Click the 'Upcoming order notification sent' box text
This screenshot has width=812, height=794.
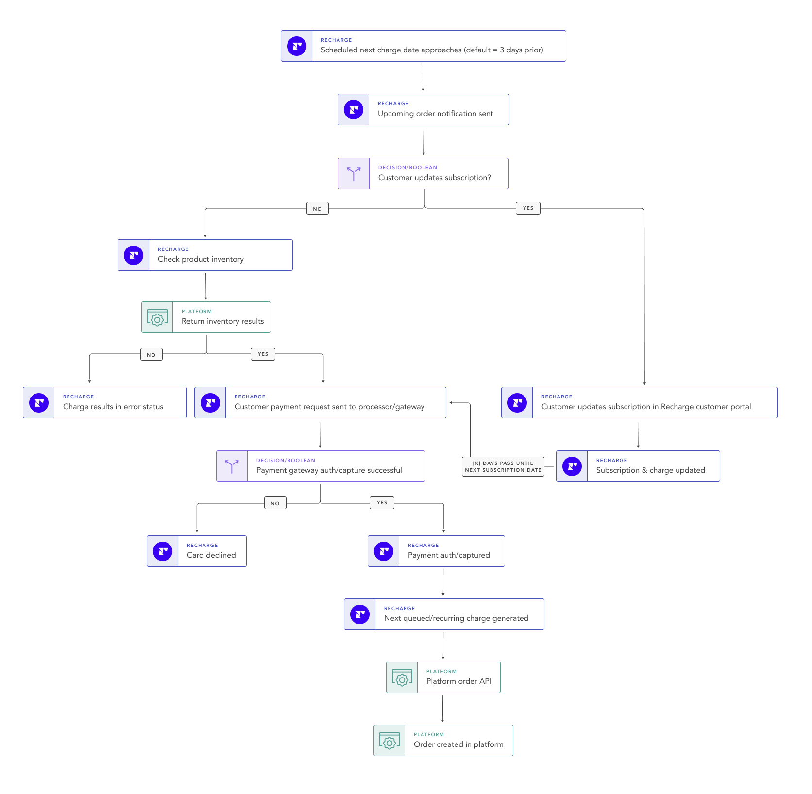tap(435, 114)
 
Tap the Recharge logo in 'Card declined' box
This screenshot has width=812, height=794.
tap(163, 551)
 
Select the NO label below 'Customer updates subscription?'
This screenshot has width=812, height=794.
tap(318, 209)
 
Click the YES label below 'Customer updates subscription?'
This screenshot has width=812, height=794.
tap(528, 208)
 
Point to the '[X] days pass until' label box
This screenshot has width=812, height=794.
tap(503, 466)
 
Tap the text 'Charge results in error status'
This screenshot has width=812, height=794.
tap(113, 407)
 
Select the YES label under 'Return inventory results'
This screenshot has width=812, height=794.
tap(263, 354)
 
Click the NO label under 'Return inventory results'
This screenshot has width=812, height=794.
tap(151, 355)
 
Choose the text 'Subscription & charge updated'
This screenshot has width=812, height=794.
tap(650, 470)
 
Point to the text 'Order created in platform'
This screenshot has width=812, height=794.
tap(458, 744)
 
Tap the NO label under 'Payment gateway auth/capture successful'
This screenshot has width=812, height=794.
tap(275, 503)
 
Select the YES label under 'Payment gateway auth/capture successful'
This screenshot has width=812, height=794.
tap(382, 503)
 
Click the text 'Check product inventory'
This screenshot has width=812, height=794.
tap(201, 259)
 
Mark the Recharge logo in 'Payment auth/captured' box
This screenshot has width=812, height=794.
tap(384, 551)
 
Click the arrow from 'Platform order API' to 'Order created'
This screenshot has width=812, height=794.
tap(442, 709)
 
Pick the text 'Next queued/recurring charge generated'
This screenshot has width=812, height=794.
tap(456, 618)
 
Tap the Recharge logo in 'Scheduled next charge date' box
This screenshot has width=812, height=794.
tap(297, 46)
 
